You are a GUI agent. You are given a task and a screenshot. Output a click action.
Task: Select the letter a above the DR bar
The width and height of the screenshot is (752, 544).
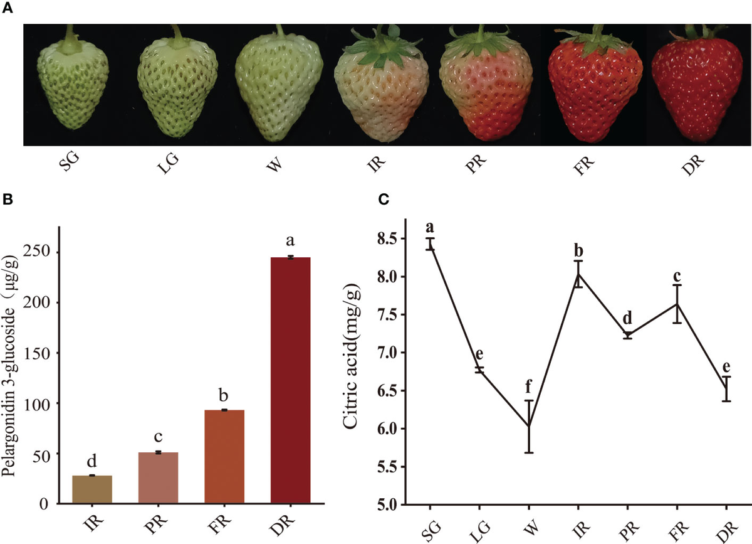[290, 240]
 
